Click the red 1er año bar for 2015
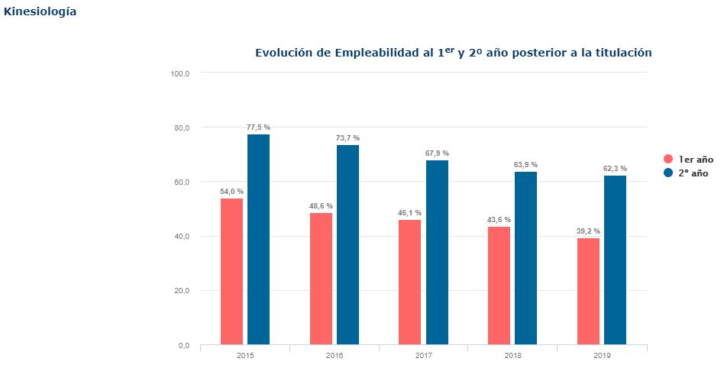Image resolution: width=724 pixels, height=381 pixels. click(232, 272)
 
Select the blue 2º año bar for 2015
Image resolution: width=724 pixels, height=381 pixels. click(259, 239)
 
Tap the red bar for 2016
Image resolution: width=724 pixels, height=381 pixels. click(321, 279)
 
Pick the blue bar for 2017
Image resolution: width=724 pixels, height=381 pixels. click(437, 253)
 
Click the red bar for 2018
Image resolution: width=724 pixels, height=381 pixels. click(499, 286)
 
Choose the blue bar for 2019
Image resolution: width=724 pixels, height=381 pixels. click(615, 260)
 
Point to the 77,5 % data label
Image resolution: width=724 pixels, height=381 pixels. click(259, 127)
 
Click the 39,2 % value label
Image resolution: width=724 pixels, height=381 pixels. click(588, 231)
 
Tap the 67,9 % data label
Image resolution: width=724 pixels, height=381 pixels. click(437, 153)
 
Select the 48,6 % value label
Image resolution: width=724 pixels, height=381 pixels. click(321, 206)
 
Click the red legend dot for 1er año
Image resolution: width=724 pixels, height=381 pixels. click(668, 159)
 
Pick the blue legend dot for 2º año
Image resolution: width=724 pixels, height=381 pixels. click(668, 173)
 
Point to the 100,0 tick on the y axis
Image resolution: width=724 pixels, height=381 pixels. click(180, 73)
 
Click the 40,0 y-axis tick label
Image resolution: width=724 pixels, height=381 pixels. click(182, 237)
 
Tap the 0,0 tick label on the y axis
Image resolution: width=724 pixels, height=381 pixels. click(184, 345)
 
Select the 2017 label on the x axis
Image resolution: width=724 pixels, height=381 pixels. click(423, 356)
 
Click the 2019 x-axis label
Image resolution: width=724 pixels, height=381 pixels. click(602, 356)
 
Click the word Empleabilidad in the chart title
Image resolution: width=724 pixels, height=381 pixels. click(377, 53)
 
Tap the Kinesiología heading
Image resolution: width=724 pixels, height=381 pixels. click(40, 12)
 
